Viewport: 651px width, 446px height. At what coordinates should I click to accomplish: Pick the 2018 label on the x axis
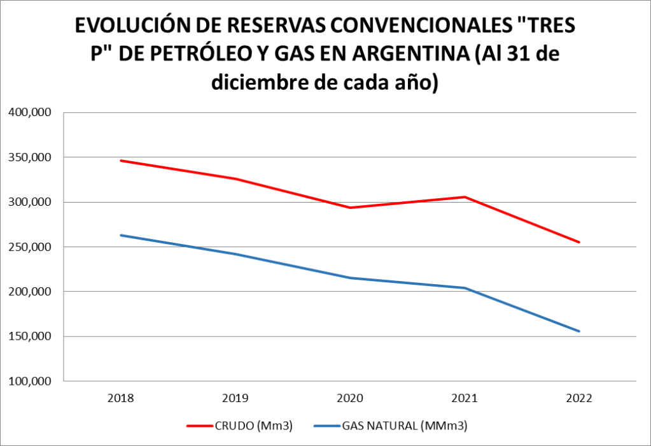coord(120,398)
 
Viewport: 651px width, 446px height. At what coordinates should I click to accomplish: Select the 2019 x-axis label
coord(235,398)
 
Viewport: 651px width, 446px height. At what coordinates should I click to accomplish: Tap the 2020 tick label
coord(350,398)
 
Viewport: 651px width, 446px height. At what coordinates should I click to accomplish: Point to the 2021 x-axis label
coord(465,398)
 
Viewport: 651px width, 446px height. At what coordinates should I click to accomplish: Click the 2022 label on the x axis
coord(579,398)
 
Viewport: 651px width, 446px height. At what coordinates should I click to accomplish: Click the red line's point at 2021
coord(465,197)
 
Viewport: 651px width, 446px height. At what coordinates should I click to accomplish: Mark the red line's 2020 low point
coord(350,208)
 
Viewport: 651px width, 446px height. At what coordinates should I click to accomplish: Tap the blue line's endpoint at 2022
coord(579,331)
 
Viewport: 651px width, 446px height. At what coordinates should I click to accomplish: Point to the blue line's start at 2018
coord(120,235)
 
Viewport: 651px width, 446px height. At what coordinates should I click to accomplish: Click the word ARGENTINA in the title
coord(419,54)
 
